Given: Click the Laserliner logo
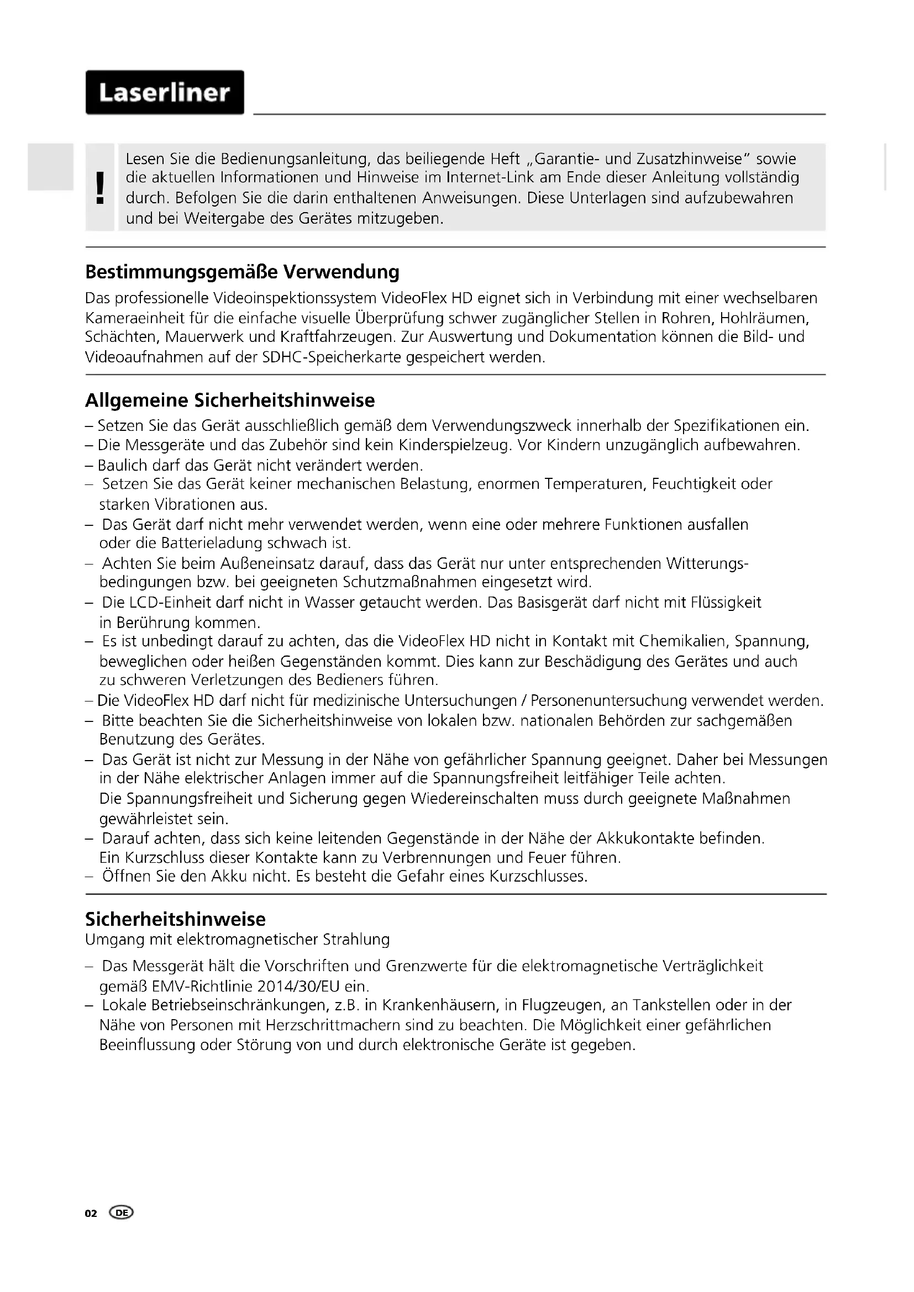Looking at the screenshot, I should [164, 92].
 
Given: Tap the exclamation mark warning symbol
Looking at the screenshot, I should [100, 187].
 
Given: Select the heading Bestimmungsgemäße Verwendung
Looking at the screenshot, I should [242, 272].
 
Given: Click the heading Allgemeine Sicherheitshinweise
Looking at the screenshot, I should [230, 400].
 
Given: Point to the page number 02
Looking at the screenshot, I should [91, 1213].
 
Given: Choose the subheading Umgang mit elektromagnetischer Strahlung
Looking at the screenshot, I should [237, 939].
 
